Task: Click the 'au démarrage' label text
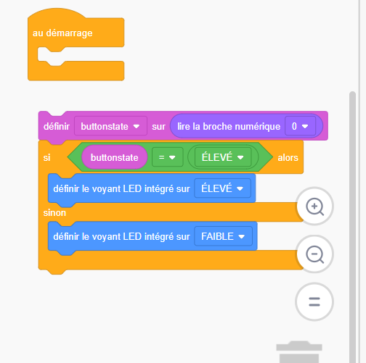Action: click(62, 33)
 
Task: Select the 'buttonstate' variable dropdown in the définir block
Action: click(110, 126)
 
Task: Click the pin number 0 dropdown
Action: click(300, 126)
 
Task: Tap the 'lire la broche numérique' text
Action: click(229, 126)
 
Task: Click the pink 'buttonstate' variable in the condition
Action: click(115, 157)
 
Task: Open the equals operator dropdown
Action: click(167, 157)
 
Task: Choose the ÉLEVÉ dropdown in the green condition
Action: click(223, 157)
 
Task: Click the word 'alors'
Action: click(288, 158)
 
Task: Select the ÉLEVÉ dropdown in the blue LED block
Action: click(222, 188)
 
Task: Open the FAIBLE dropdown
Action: click(223, 236)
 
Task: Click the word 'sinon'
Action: click(54, 213)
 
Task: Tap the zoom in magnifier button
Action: click(314, 206)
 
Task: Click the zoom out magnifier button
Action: click(314, 254)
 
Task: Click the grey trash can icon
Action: click(299, 352)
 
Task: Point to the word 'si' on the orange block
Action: click(46, 158)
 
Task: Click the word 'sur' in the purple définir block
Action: click(158, 127)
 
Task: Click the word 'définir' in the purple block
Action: click(57, 126)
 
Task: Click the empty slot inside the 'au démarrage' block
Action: click(80, 54)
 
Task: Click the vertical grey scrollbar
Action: click(352, 227)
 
